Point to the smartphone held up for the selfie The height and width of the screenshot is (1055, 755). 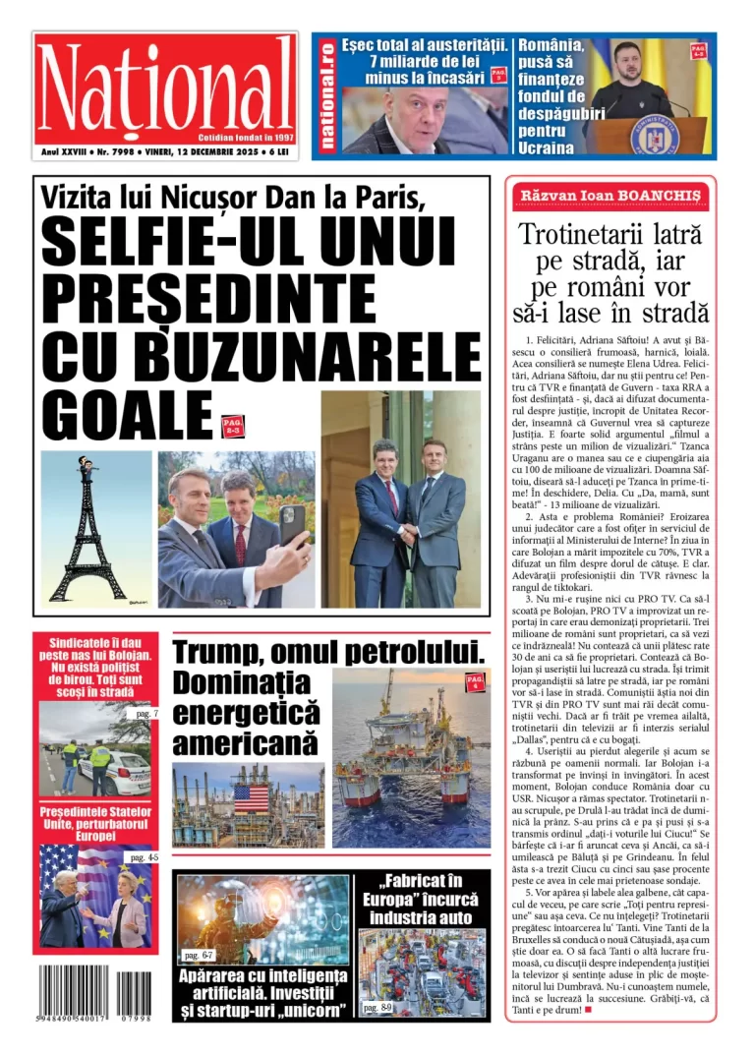click(292, 525)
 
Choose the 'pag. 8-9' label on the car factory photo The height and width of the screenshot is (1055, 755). click(377, 1008)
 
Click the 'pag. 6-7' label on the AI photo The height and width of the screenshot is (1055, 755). click(199, 955)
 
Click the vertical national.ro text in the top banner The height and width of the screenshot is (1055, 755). click(326, 94)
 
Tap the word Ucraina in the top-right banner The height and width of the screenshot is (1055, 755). click(546, 147)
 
